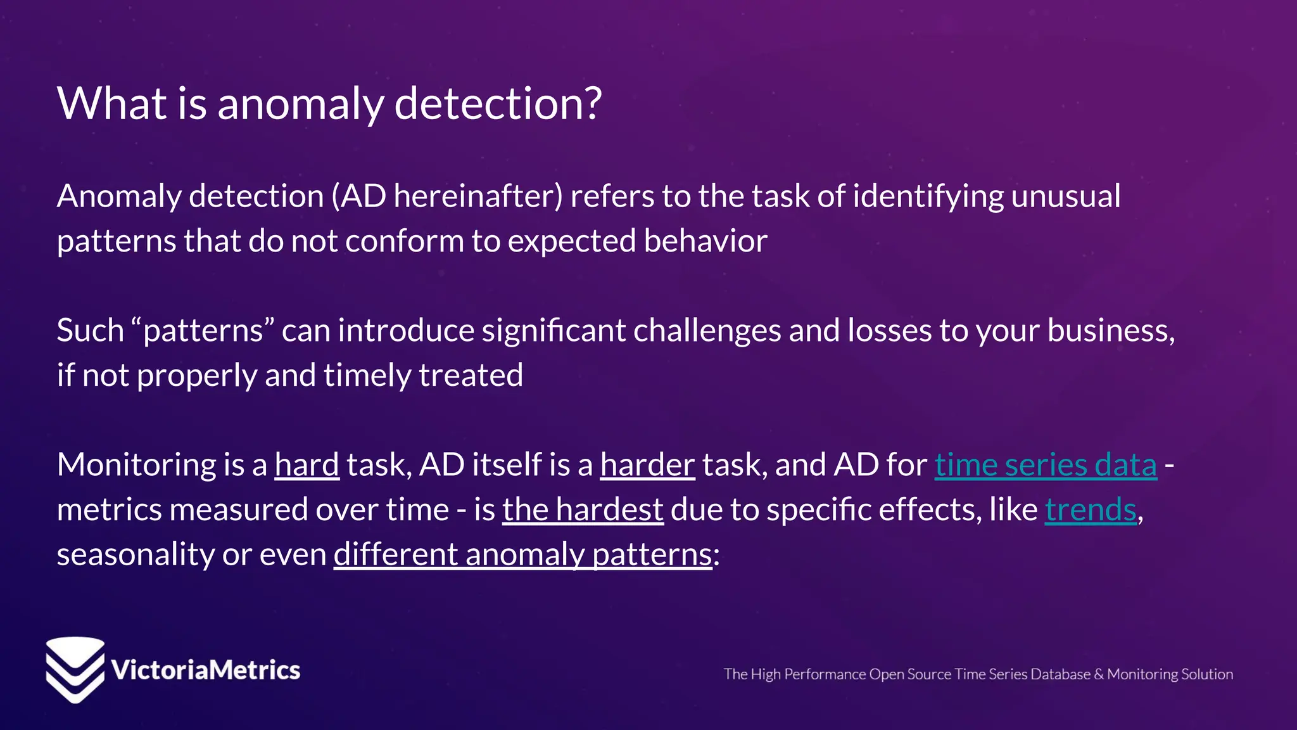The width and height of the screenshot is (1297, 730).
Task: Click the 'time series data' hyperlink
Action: (1045, 464)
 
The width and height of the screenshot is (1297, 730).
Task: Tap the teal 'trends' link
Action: (1090, 509)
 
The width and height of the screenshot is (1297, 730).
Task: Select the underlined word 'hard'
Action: (307, 464)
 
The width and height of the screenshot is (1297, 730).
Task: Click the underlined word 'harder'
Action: (647, 464)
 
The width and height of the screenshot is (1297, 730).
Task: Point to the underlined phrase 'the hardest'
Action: (583, 509)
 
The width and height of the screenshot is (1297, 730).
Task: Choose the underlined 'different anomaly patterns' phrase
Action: (523, 554)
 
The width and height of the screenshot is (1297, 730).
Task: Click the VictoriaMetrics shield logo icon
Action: (75, 669)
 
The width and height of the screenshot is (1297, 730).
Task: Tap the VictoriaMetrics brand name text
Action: (205, 670)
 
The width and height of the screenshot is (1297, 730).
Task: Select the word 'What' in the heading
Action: (112, 103)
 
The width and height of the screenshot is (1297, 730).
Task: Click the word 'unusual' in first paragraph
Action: (1065, 196)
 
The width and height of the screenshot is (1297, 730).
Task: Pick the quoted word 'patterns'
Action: (203, 331)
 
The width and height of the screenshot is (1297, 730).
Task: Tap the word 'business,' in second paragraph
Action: (1111, 331)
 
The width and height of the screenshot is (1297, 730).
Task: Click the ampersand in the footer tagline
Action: (1098, 674)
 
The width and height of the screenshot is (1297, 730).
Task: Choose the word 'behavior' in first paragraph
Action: (705, 241)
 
